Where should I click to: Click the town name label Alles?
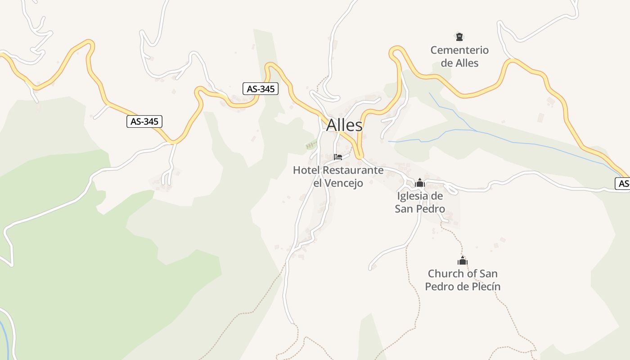click(344, 125)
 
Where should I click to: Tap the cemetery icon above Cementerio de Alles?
click(459, 36)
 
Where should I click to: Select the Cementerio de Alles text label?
click(459, 56)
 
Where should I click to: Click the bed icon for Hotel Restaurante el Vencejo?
click(338, 157)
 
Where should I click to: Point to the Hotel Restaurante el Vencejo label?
click(338, 176)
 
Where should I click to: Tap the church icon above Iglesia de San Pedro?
click(420, 183)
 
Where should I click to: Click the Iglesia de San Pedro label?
click(420, 202)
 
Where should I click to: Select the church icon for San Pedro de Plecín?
click(463, 261)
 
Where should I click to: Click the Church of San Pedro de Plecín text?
click(463, 280)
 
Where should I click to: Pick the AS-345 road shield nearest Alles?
click(261, 89)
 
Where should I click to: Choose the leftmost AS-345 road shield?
click(144, 121)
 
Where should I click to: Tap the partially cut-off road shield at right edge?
click(623, 183)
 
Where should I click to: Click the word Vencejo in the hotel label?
click(344, 183)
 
